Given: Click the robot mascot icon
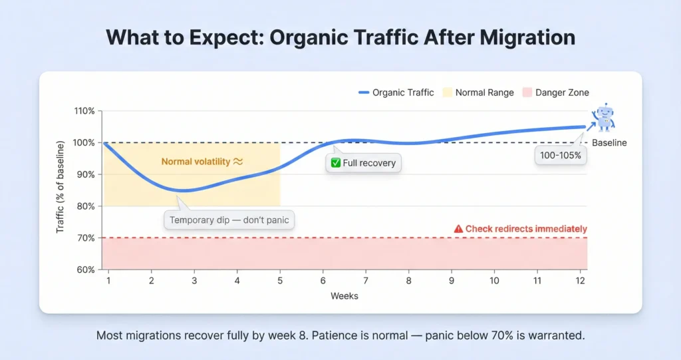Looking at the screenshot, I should pos(605,117).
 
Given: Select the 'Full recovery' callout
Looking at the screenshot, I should pos(364,163).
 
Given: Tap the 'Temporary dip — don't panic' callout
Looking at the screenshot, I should pos(229,220).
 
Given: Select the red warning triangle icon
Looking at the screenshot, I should pos(458,229).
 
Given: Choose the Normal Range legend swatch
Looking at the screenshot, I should pos(446,92).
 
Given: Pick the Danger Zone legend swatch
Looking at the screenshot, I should pos(527,92).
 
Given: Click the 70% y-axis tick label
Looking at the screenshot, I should pos(86,238).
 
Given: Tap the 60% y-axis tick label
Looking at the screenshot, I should pos(86,270).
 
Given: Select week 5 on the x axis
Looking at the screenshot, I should pos(280,281).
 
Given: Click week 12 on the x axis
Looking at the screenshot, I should pos(580,281).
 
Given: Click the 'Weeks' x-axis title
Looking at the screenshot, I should pos(344,295).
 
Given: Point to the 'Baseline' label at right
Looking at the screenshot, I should pos(609,143).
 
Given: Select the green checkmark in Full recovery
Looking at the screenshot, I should pos(336,163).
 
